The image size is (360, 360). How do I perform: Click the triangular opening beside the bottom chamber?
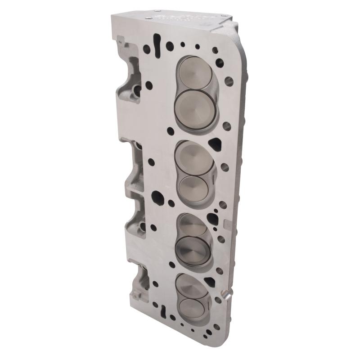pos(210,282)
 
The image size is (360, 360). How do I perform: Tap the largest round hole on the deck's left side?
pos(157,196)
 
